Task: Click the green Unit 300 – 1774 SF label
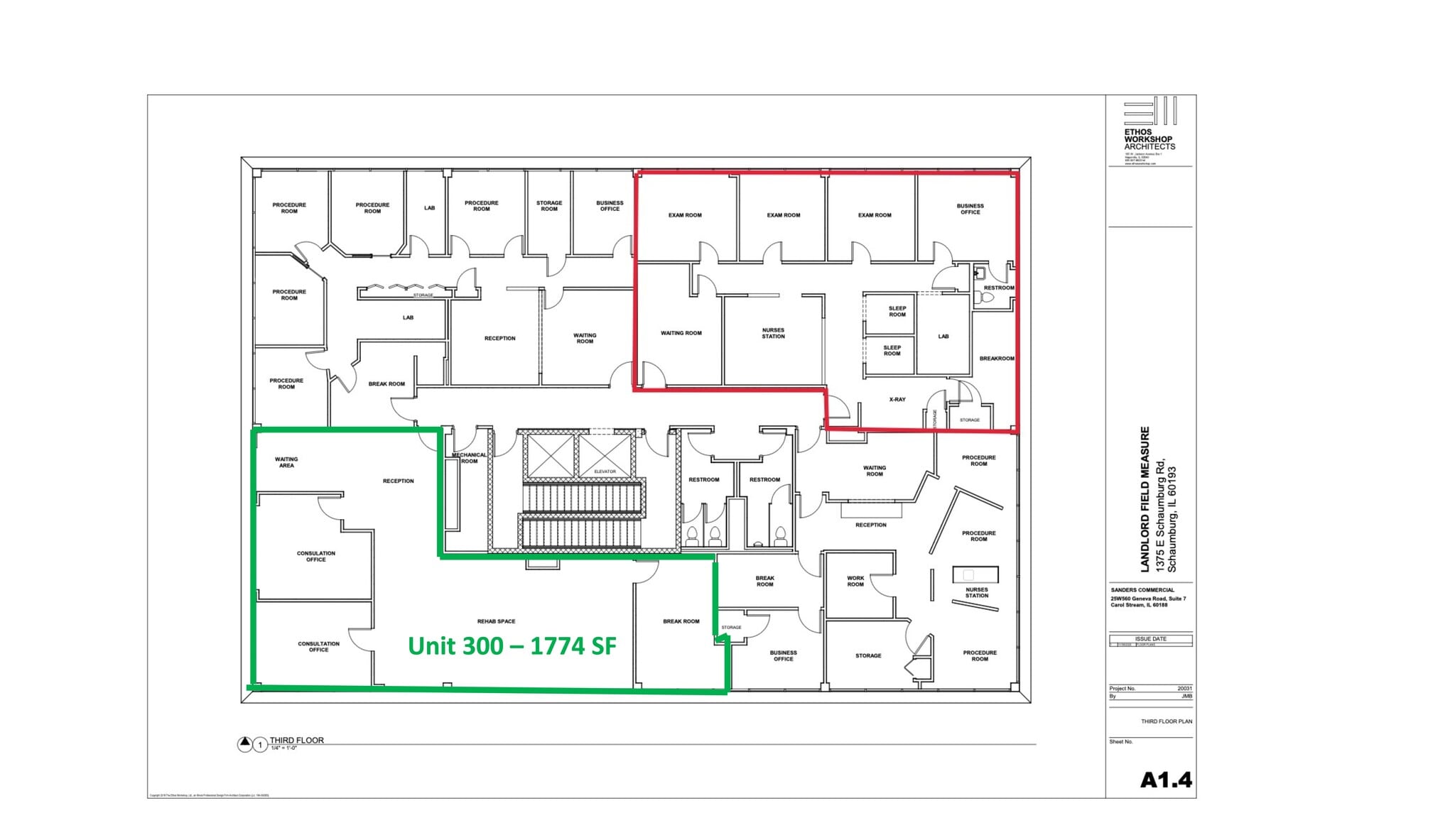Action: point(512,645)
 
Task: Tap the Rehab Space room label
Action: point(496,621)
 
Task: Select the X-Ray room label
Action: point(897,400)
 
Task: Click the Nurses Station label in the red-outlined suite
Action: point(773,333)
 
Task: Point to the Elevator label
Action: point(605,471)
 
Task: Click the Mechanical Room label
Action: point(469,458)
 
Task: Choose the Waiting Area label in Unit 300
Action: point(286,462)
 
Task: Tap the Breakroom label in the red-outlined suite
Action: point(996,359)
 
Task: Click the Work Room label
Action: point(855,581)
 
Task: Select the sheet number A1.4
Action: point(1166,780)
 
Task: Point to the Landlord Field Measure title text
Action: point(1145,499)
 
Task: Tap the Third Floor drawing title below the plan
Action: point(296,740)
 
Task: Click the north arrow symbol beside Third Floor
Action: point(244,743)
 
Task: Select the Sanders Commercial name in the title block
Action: point(1142,590)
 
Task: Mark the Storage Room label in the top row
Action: point(549,206)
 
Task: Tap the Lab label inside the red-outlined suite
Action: point(943,337)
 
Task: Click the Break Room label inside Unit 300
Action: point(681,621)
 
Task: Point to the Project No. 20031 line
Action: point(1150,688)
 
